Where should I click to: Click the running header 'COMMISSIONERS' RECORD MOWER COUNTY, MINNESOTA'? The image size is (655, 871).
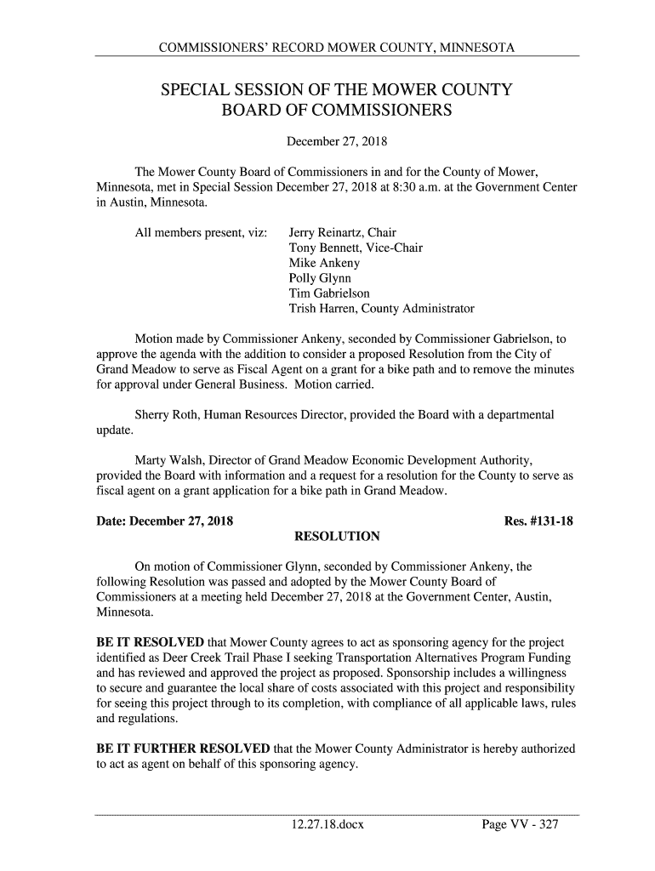336,45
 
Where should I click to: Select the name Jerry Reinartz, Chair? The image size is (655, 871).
343,232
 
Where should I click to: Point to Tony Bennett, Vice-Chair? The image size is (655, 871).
356,248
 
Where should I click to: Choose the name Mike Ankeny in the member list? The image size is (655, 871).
325,263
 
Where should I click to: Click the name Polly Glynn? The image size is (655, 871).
320,278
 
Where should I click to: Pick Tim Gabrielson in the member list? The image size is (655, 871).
329,293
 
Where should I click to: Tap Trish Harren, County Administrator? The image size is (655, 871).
382,309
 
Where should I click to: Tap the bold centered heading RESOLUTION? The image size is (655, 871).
336,537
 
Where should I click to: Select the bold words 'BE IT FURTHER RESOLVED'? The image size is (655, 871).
182,749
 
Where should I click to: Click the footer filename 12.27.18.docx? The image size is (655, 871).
327,824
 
